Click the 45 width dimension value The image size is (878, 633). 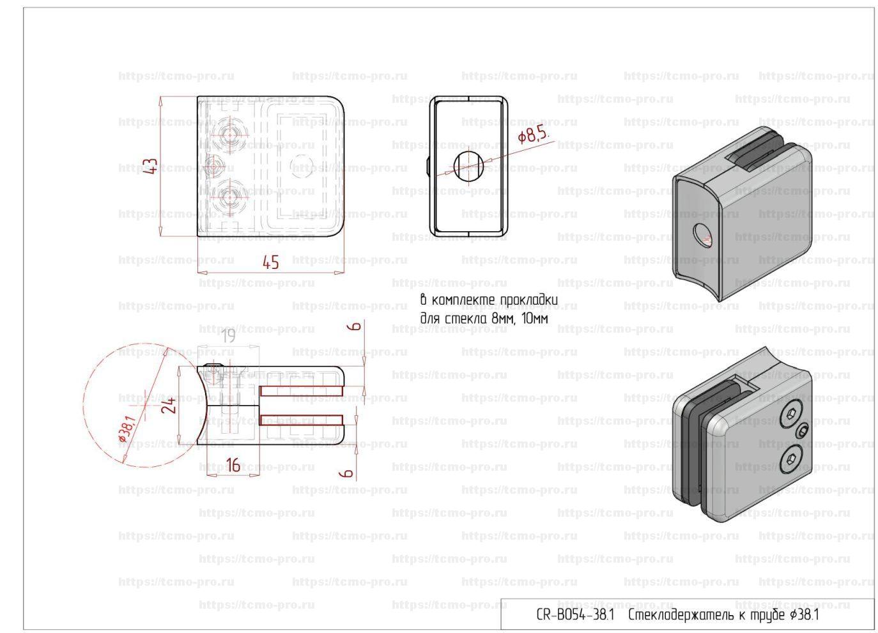tap(271, 263)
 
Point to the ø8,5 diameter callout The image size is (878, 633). tap(532, 135)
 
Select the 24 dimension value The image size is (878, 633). tap(169, 406)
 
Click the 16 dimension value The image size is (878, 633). tap(233, 465)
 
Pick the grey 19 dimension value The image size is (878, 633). tap(228, 336)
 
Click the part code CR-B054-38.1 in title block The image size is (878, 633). tap(575, 615)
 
